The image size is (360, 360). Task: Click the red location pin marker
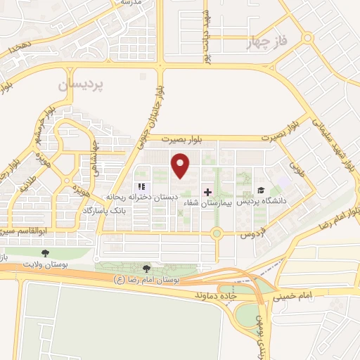(181, 165)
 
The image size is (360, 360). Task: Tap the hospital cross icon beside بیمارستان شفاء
(207, 191)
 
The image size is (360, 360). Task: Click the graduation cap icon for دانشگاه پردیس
(261, 190)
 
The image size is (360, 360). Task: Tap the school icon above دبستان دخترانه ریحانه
(141, 186)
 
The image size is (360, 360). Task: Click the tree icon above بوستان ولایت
(46, 252)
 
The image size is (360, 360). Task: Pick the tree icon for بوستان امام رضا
(146, 268)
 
